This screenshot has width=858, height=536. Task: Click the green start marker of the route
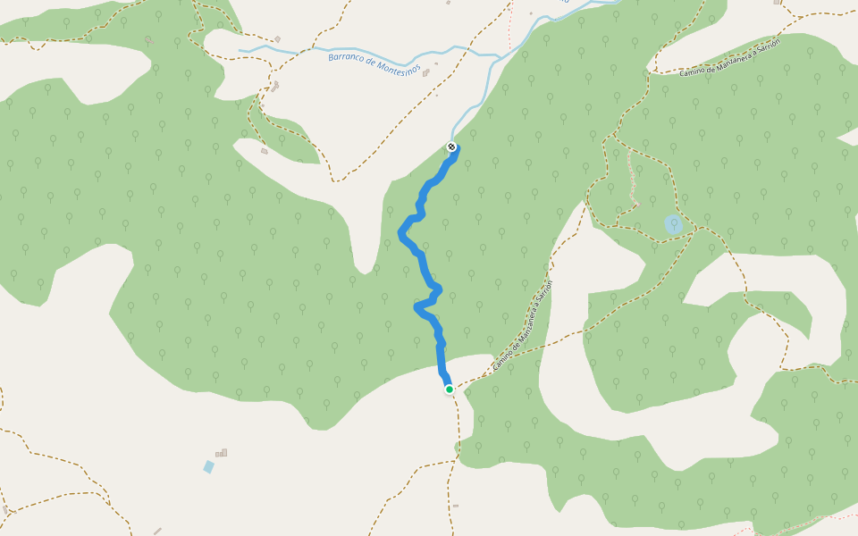point(450,389)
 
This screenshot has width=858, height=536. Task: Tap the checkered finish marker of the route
point(452,147)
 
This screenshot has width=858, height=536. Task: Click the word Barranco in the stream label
point(349,58)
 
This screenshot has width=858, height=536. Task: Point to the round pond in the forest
point(674,223)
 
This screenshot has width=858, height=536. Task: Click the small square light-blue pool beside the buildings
point(208,466)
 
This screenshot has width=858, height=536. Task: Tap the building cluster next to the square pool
point(222,453)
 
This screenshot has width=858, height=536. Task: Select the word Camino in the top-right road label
point(694,71)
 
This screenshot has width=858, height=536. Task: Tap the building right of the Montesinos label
point(426,73)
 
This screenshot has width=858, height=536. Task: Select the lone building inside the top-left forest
point(148,40)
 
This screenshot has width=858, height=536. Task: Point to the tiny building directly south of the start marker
point(455,506)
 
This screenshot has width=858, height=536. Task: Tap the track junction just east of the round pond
point(700,229)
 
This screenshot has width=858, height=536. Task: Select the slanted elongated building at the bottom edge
point(157,532)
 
